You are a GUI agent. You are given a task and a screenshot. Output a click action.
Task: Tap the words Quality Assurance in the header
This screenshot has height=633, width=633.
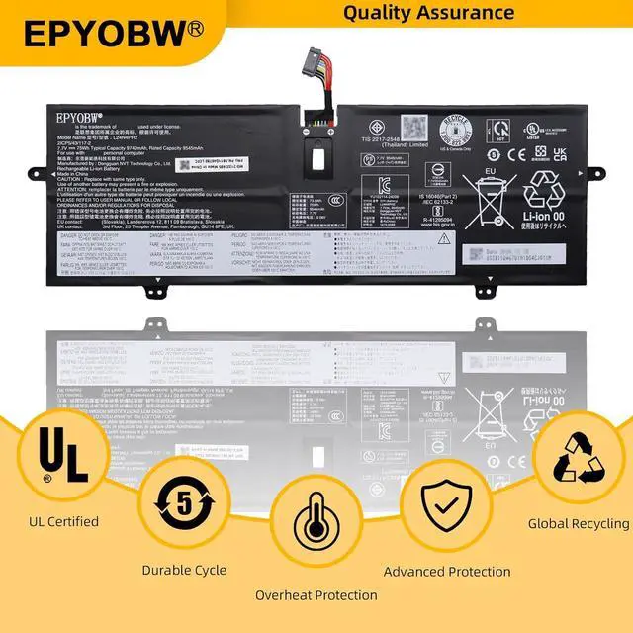429,13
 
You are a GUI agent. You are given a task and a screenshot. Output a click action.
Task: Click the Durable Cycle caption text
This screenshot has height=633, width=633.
184,570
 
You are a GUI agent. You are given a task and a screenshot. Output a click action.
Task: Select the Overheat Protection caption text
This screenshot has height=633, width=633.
316,595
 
